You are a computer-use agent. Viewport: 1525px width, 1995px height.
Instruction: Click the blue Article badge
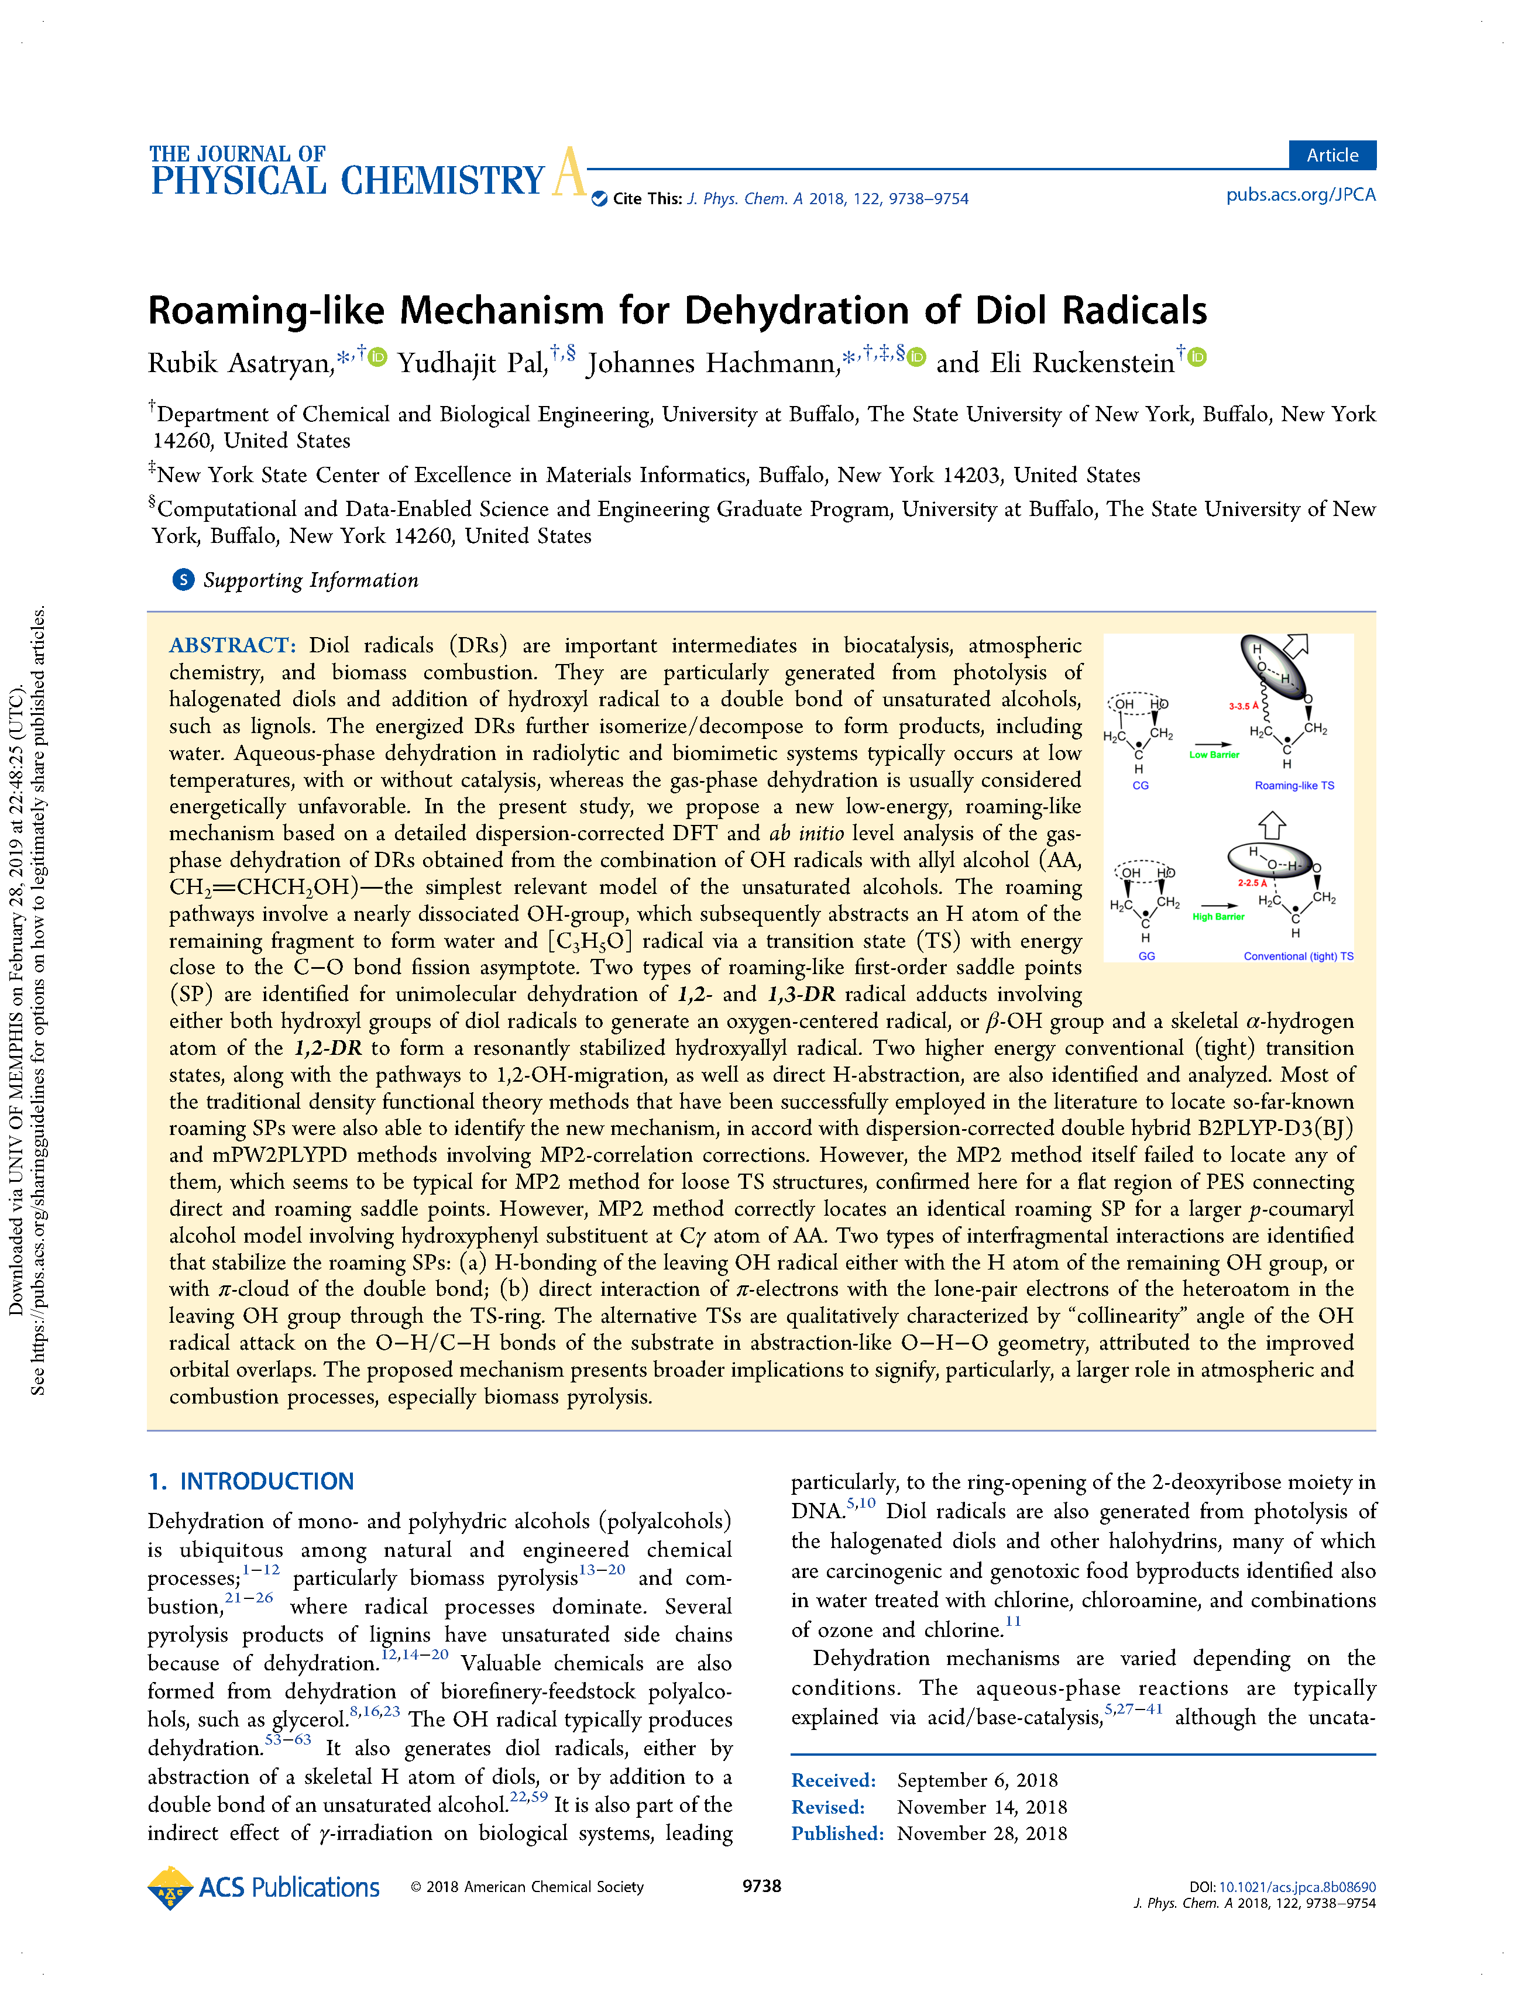click(x=1332, y=155)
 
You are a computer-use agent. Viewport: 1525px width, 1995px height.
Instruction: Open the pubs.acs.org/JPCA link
click(x=1300, y=195)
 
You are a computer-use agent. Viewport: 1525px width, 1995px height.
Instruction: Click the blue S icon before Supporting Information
click(x=183, y=580)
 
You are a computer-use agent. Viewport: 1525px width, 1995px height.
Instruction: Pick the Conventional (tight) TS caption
click(x=1298, y=957)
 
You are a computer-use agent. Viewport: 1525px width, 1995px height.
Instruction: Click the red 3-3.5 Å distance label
click(x=1244, y=706)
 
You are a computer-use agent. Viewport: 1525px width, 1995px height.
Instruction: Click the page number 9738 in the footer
click(x=761, y=1886)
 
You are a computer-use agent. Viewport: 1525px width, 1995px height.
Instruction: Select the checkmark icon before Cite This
click(x=599, y=199)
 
